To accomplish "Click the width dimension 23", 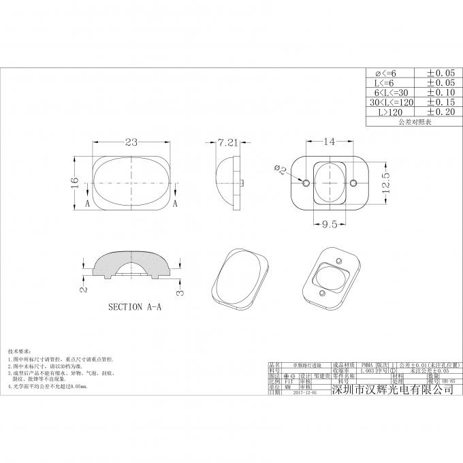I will click(x=131, y=142).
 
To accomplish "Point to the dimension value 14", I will click(x=330, y=142).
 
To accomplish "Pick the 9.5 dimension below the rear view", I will click(x=330, y=223).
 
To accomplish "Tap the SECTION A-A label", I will click(x=136, y=307).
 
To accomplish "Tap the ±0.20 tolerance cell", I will click(x=440, y=112).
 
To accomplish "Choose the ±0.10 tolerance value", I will click(x=440, y=92).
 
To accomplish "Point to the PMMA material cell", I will click(x=366, y=365).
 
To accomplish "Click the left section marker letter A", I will click(x=86, y=204).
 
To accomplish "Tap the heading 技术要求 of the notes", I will click(x=20, y=348).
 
